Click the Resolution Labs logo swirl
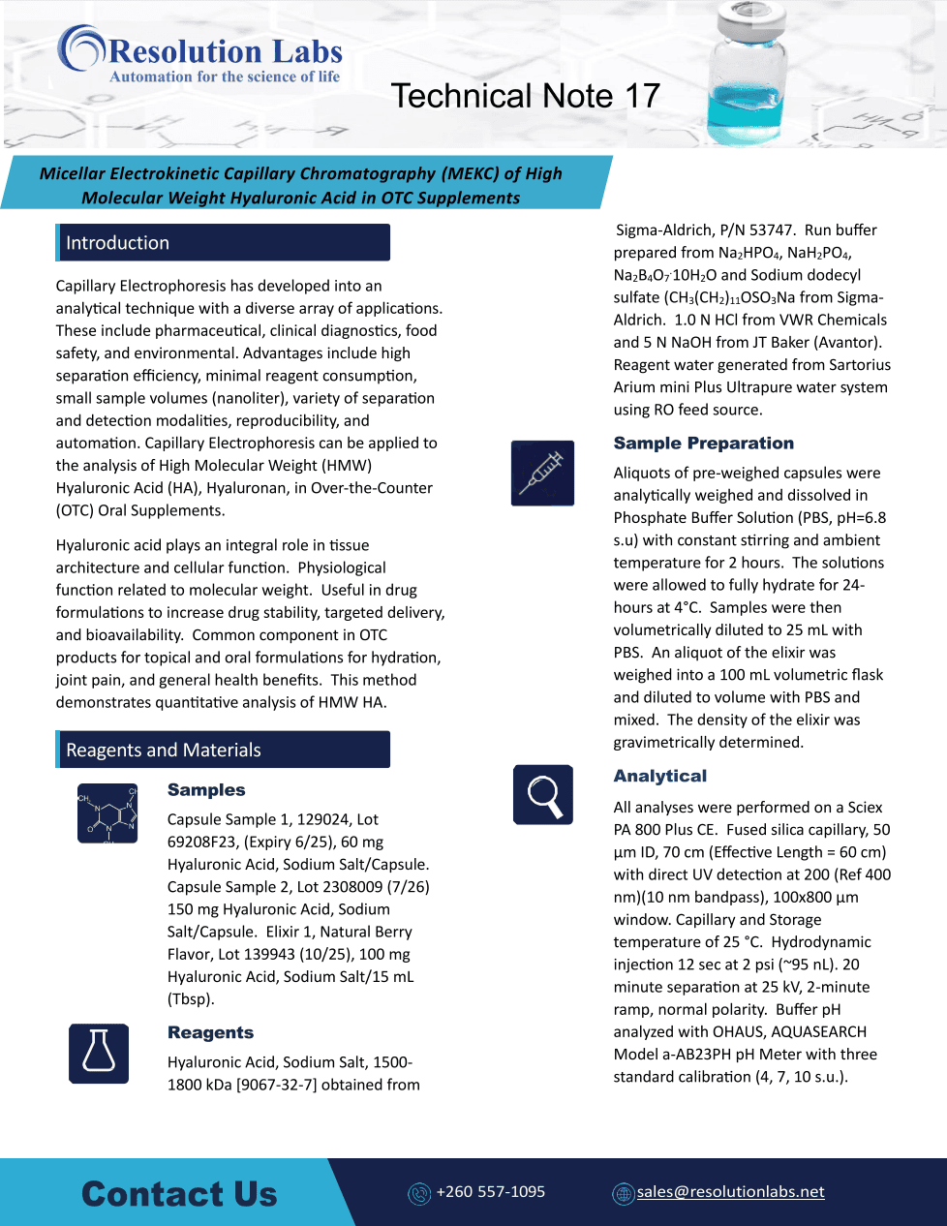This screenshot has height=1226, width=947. click(x=81, y=48)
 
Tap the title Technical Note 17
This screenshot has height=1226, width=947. click(x=525, y=96)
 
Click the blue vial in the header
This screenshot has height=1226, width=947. click(x=746, y=73)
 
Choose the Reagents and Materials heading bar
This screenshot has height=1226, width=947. click(x=223, y=750)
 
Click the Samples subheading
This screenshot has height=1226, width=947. click(x=206, y=790)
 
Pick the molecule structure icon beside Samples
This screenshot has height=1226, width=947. click(x=107, y=813)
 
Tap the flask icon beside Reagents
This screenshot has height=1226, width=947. click(x=99, y=1053)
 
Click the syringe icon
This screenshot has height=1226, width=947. click(x=542, y=473)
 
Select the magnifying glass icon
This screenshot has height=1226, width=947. click(x=543, y=794)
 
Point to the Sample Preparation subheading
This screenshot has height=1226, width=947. click(x=703, y=444)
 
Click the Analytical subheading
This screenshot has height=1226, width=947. click(x=659, y=776)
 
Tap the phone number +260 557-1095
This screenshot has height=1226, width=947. click(x=490, y=1191)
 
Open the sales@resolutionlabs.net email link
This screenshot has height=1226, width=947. click(x=730, y=1191)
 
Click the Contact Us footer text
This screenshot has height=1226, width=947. click(x=179, y=1194)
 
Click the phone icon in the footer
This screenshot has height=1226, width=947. click(x=419, y=1193)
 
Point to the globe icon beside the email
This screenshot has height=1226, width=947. click(x=623, y=1193)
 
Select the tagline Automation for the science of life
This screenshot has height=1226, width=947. click(x=225, y=77)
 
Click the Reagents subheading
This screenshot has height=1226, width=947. click(x=210, y=1032)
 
